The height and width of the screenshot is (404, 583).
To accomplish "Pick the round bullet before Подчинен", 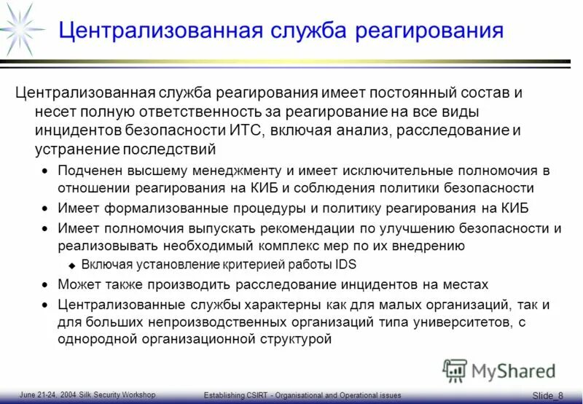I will coord(45,171).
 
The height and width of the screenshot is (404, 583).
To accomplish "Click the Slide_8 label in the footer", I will coord(547,395).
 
